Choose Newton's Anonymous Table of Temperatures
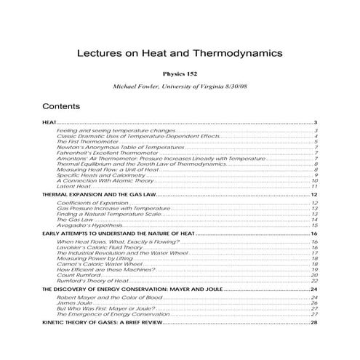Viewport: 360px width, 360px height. pyautogui.click(x=110, y=147)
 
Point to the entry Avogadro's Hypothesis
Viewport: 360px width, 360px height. pyautogui.click(x=89, y=225)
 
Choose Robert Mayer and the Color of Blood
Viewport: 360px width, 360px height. pyautogui.click(x=105, y=297)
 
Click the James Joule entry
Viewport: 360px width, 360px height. pyautogui.click(x=73, y=303)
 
